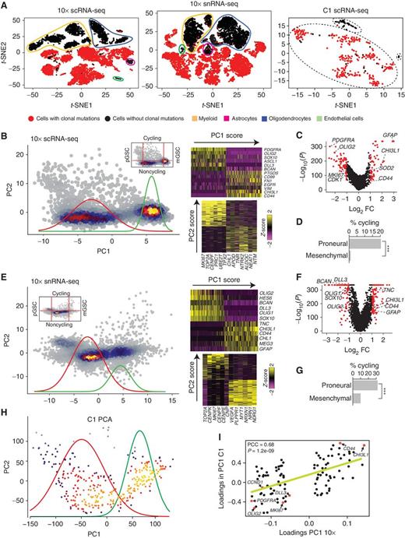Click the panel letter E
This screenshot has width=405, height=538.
tap(7, 262)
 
